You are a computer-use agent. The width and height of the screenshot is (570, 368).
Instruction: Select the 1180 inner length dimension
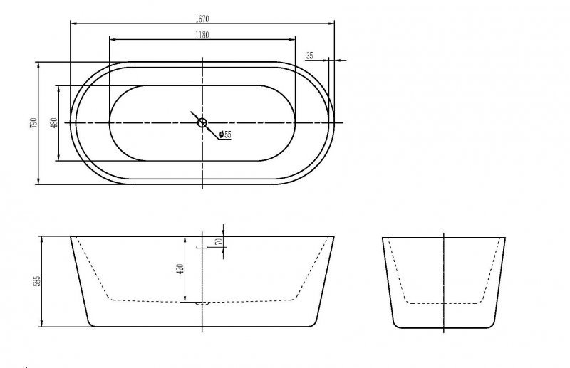(202, 33)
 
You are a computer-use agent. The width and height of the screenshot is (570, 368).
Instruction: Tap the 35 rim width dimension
(309, 55)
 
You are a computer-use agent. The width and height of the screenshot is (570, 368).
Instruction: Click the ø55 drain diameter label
(226, 135)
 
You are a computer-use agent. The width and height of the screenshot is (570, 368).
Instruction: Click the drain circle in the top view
(202, 123)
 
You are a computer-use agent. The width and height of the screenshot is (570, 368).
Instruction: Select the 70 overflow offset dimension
(219, 242)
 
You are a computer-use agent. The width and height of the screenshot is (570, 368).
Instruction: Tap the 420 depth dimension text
(180, 270)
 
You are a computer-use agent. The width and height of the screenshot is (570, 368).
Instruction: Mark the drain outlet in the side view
(202, 303)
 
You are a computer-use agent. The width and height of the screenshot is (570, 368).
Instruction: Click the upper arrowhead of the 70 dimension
(224, 234)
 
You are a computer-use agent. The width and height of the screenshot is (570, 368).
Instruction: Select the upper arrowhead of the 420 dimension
(186, 238)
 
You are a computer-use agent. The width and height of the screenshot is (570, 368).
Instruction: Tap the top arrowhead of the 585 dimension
(45, 238)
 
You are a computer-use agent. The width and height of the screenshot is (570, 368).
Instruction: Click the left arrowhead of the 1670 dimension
(73, 22)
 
